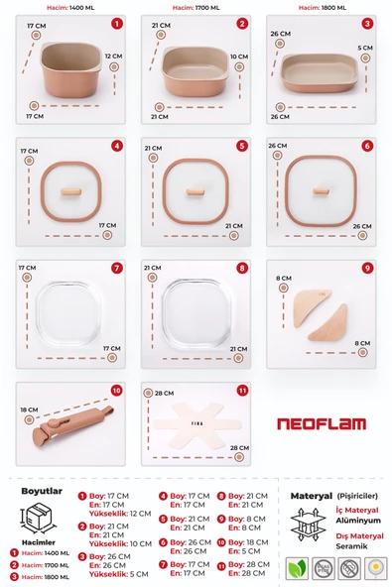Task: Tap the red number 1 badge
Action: pos(116,23)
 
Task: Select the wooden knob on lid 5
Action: pos(195,188)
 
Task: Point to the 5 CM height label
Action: pos(365,47)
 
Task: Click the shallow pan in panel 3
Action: pos(320,71)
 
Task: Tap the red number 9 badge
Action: pos(368,268)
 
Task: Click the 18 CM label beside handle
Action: pos(30,409)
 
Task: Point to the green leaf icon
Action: pos(297,568)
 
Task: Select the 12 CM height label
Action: pos(113,58)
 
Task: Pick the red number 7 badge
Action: pos(116,268)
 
